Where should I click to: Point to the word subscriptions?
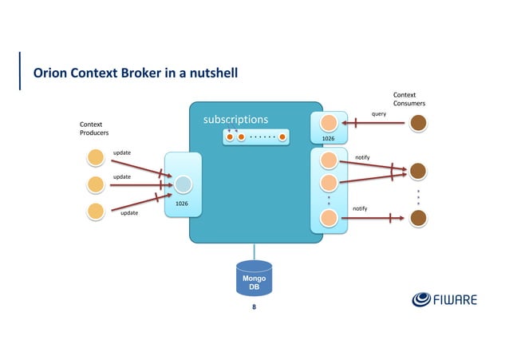tap(235, 120)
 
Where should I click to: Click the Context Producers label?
tap(94, 129)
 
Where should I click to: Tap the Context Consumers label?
tap(408, 98)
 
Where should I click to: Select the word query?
tap(379, 114)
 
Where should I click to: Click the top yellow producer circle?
tap(96, 157)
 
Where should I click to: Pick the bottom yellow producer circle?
tap(96, 212)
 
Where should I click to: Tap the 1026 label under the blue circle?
tap(182, 204)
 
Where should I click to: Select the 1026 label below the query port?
tap(328, 139)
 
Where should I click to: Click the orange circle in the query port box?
tap(328, 122)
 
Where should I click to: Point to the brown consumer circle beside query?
tap(417, 123)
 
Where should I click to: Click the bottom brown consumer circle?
tap(417, 218)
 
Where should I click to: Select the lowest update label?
tap(128, 214)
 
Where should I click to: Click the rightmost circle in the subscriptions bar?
tap(282, 136)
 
